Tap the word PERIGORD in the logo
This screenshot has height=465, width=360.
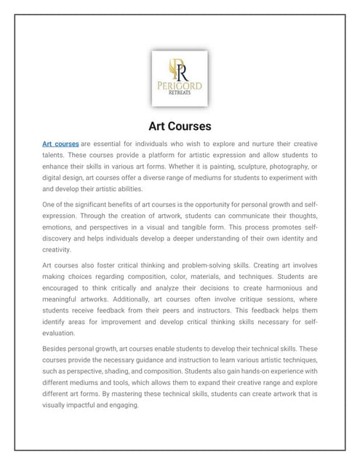click(180, 86)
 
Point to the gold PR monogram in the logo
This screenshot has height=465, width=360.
click(179, 69)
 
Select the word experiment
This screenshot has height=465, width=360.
click(281, 177)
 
